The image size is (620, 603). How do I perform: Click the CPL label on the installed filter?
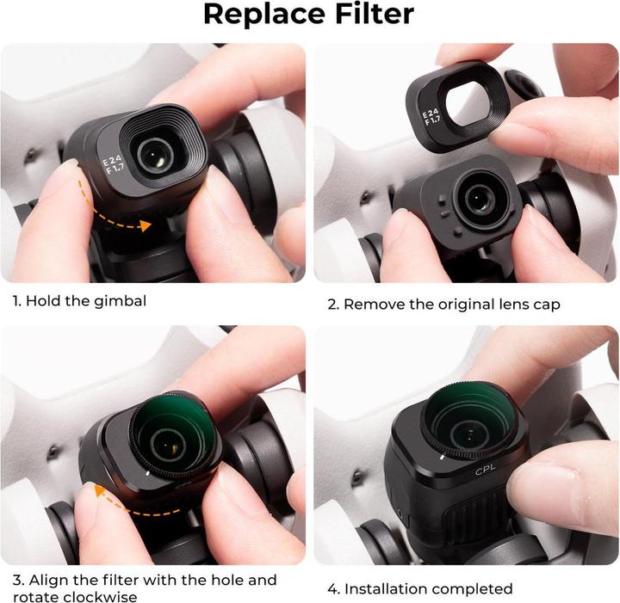pyautogui.click(x=487, y=471)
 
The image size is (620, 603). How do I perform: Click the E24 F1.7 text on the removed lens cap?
pyautogui.click(x=430, y=116)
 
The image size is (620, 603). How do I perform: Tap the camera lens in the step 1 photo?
pyautogui.click(x=155, y=153)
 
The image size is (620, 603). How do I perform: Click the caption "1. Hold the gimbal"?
pyautogui.click(x=79, y=302)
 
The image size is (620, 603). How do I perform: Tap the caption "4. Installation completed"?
pyautogui.click(x=420, y=589)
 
